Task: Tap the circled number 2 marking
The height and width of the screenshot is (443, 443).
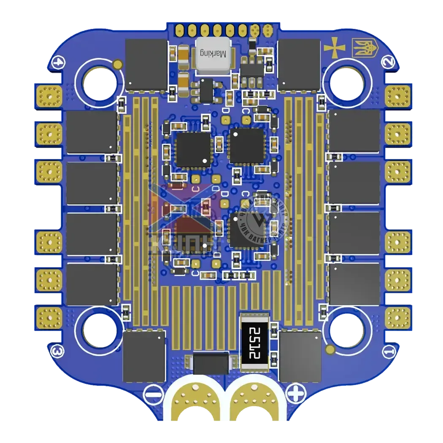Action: click(x=388, y=62)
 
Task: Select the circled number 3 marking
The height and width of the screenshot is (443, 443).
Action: click(x=57, y=350)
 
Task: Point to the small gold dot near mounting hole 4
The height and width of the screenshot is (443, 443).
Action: click(x=118, y=64)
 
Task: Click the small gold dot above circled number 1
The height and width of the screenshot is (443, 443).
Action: click(x=329, y=348)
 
